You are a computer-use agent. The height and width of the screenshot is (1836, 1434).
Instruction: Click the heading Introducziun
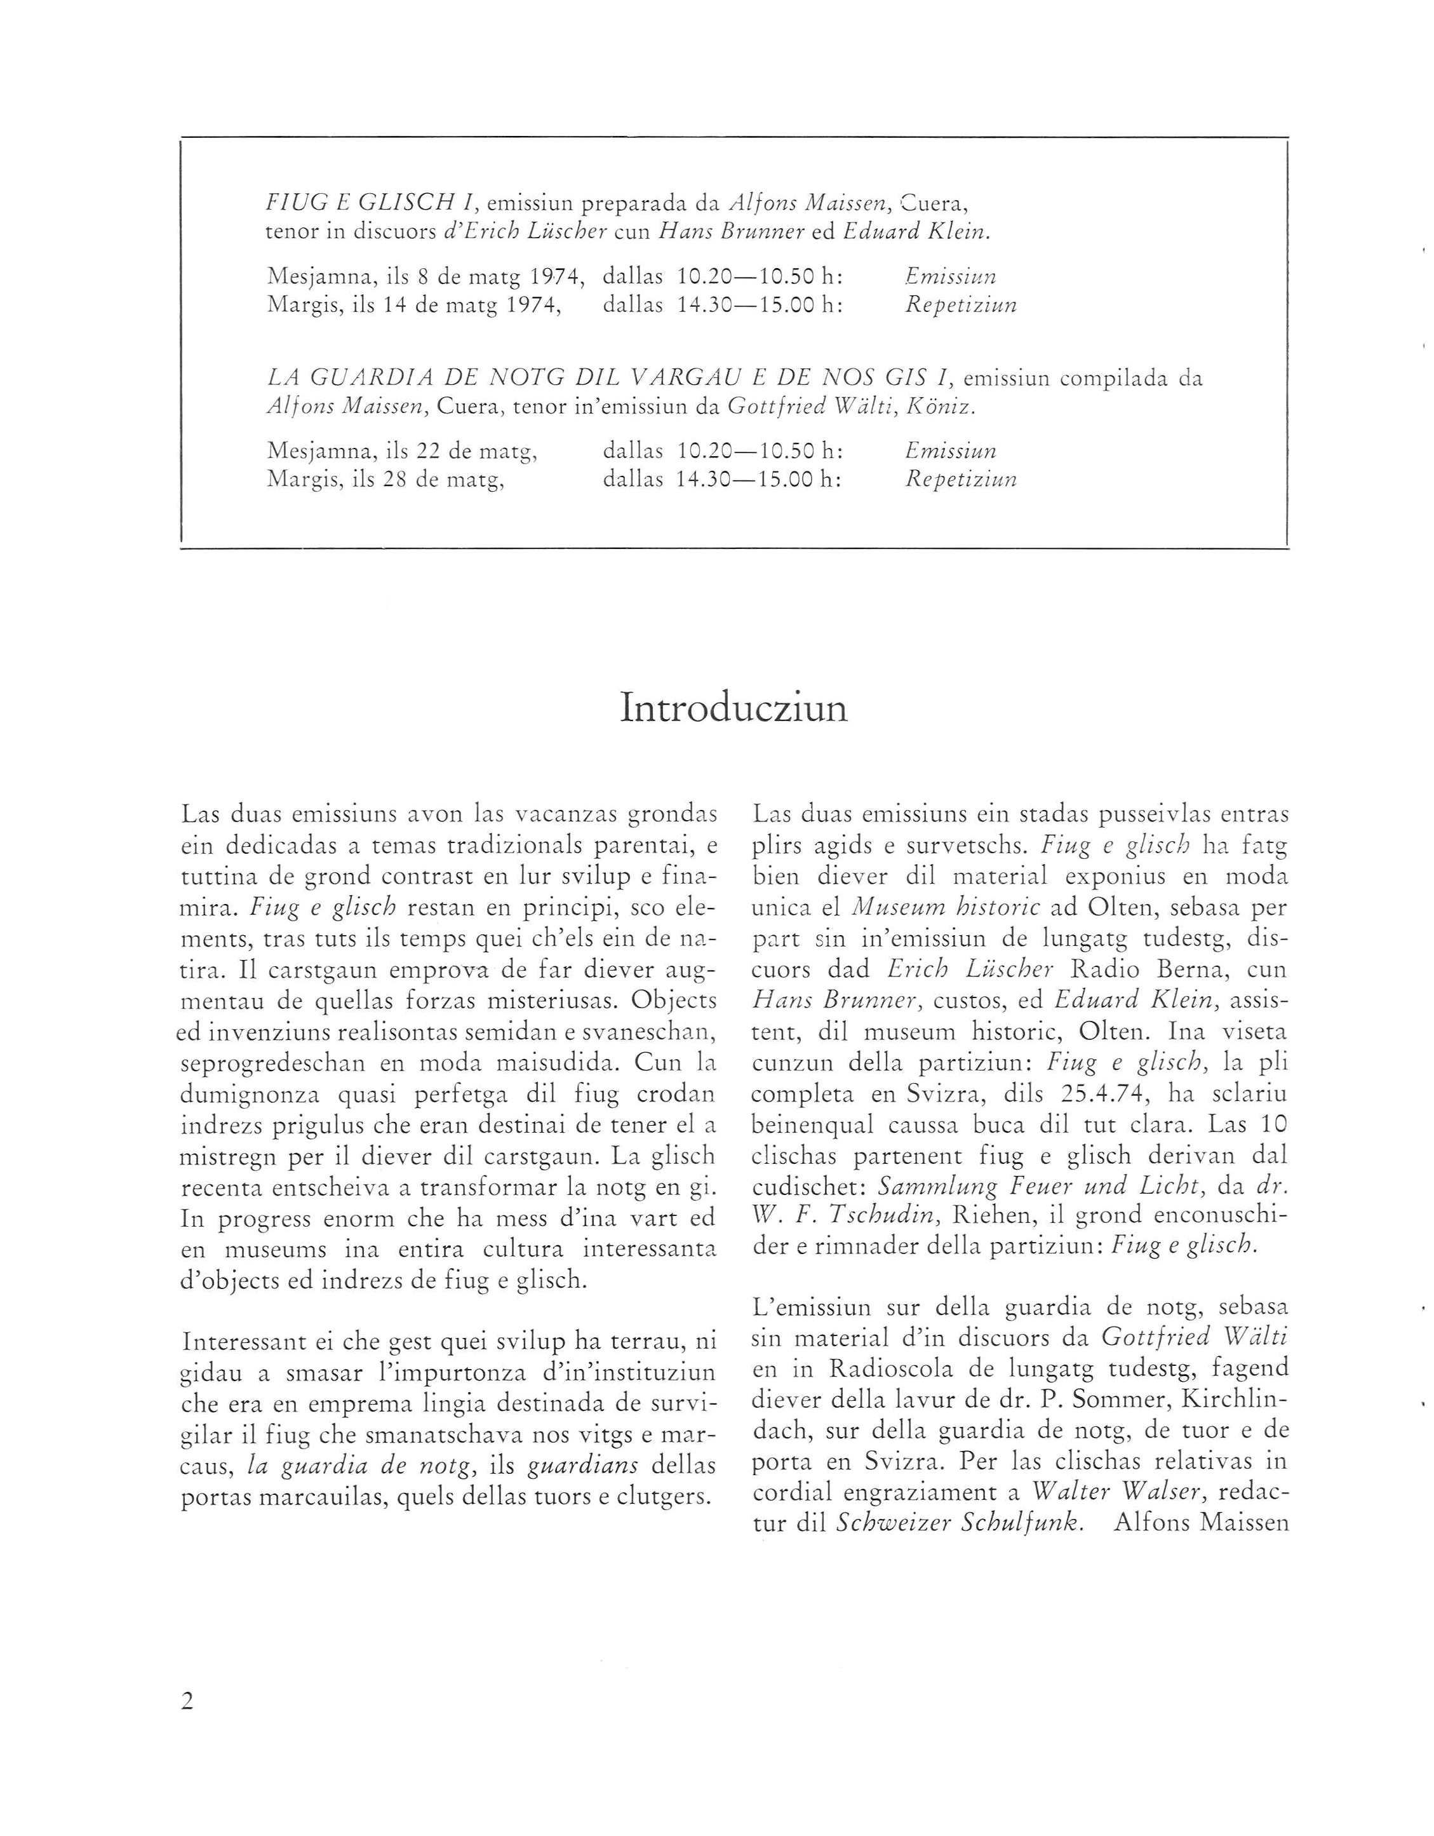click(733, 708)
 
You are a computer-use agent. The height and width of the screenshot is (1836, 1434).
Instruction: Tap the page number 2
click(187, 1700)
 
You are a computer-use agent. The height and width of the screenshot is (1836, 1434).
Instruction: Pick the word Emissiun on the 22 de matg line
click(951, 450)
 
